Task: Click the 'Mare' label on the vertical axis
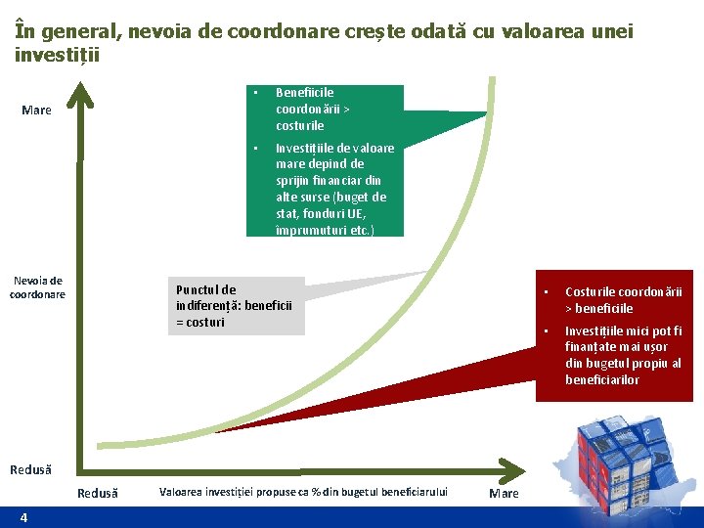(36, 110)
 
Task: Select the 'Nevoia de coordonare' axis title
(38, 287)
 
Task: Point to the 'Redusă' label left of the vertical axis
(30, 470)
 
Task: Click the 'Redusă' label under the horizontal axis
(97, 494)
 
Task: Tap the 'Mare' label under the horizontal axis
(504, 494)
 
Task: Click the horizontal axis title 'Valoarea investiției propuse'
(303, 492)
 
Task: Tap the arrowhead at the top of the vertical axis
(83, 94)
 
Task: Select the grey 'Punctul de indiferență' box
(235, 306)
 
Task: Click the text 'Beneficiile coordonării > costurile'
(304, 110)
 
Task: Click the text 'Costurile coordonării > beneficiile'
(623, 300)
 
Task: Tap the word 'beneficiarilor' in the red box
(602, 379)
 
